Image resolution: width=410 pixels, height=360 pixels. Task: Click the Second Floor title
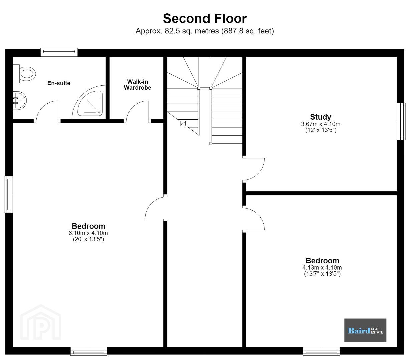tap(205, 19)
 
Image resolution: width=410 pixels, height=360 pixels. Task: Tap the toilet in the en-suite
tap(24, 74)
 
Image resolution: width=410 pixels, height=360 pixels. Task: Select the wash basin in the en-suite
tap(20, 100)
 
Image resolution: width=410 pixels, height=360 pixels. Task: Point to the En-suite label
tap(59, 83)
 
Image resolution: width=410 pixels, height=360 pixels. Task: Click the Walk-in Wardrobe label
tap(137, 85)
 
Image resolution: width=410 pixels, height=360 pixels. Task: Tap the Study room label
tap(320, 117)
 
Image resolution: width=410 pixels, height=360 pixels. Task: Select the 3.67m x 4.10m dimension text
tap(321, 124)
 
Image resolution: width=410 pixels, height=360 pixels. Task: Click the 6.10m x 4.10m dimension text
tap(88, 233)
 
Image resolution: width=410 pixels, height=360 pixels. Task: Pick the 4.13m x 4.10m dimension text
tap(322, 268)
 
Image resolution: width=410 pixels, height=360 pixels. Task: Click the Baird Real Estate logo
tap(365, 330)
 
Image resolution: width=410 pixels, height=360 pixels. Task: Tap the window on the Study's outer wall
tap(401, 121)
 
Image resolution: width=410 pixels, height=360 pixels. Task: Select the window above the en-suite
tap(59, 52)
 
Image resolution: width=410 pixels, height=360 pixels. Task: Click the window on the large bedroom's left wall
tap(8, 194)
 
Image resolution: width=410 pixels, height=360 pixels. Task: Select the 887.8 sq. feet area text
tap(247, 31)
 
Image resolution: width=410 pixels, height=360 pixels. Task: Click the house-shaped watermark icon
tap(41, 322)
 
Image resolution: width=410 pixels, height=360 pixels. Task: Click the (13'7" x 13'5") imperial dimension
tap(322, 274)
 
